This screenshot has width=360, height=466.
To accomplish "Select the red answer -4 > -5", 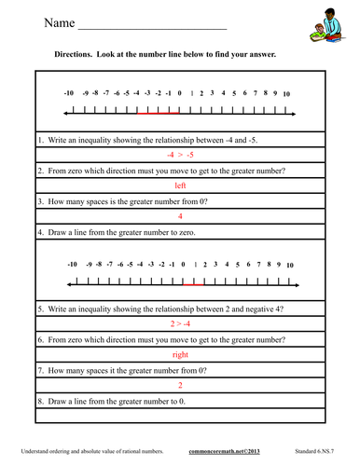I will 181,155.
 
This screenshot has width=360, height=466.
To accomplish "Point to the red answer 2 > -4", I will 181,322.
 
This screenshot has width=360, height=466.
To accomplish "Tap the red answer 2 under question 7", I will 181,384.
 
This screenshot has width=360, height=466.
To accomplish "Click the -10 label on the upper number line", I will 68,94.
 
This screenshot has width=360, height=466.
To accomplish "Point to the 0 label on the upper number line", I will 179,94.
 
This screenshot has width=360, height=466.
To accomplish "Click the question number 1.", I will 42,139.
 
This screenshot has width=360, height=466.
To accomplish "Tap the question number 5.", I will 42,307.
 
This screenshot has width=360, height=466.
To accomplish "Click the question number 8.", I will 42,400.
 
